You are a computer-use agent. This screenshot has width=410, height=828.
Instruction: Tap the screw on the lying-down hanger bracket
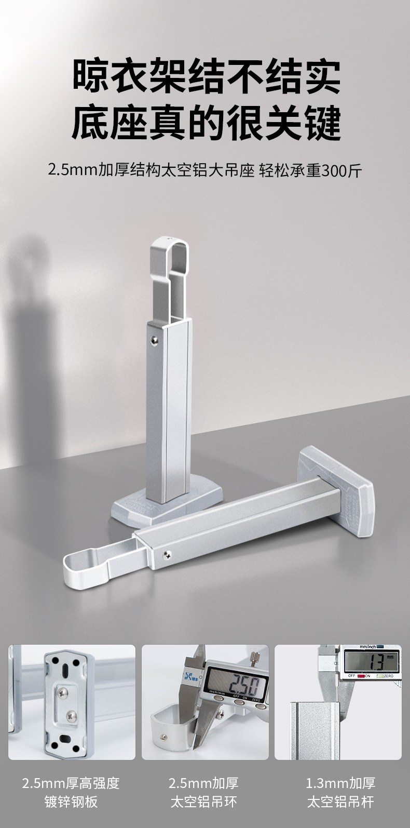click(167, 554)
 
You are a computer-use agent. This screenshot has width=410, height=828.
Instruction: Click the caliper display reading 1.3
click(371, 661)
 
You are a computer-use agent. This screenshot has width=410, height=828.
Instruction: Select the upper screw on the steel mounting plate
click(63, 693)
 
